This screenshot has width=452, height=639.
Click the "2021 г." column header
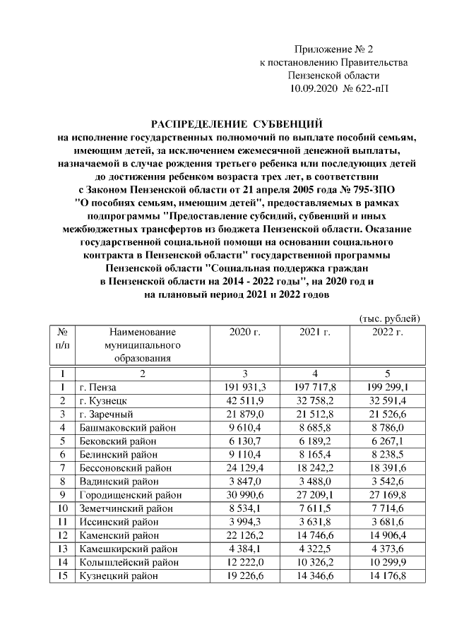pyautogui.click(x=315, y=332)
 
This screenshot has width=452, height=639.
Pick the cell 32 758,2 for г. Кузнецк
pyautogui.click(x=315, y=401)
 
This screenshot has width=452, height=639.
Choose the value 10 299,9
pyautogui.click(x=388, y=562)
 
